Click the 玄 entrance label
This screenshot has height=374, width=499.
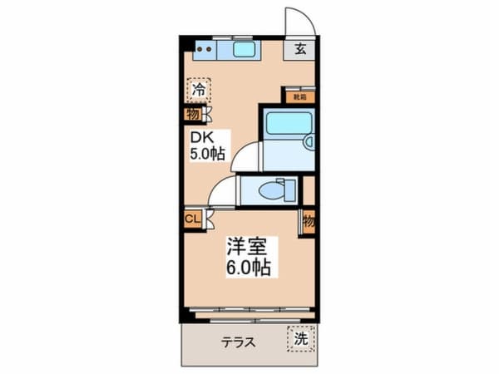tap(300, 48)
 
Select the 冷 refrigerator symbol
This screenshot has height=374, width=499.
tap(200, 88)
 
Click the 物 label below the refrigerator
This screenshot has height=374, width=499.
tap(192, 116)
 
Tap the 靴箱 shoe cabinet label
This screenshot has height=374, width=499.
tap(299, 96)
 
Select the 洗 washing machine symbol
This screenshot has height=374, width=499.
tap(301, 339)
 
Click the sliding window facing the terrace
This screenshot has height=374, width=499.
tap(249, 315)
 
